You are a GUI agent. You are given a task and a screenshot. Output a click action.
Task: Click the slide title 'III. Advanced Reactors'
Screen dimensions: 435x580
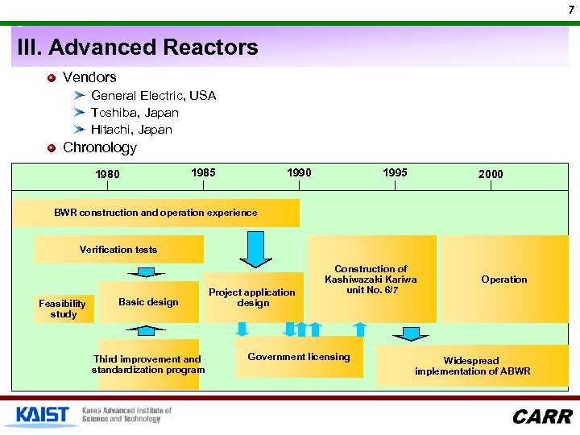tap(138, 48)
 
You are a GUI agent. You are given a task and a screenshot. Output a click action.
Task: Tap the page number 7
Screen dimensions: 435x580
tap(570, 9)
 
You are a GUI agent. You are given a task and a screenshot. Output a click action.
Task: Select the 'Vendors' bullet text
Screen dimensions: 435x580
tap(89, 77)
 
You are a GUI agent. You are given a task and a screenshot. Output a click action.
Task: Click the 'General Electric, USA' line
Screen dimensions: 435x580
tap(153, 96)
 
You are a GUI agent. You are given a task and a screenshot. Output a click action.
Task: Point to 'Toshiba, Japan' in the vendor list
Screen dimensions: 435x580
tap(135, 113)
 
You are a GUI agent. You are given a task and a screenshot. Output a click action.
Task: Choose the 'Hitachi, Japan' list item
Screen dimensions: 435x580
tap(131, 130)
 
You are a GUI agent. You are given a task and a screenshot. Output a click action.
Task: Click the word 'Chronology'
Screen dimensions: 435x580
tap(100, 148)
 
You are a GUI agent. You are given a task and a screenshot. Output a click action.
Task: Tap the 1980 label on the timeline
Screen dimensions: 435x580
tap(107, 174)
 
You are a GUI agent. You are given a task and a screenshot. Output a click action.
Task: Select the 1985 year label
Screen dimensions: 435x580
tap(203, 172)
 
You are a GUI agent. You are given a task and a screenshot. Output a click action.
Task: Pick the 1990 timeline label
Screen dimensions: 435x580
tap(299, 172)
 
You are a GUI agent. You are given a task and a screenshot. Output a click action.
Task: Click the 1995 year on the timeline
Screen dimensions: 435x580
tap(395, 172)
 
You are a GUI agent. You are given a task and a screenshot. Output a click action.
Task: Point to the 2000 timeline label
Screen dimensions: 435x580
tap(491, 174)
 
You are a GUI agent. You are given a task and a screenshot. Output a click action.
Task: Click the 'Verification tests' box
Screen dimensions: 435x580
tap(118, 250)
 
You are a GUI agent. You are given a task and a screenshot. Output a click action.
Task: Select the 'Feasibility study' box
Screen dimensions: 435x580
tap(63, 309)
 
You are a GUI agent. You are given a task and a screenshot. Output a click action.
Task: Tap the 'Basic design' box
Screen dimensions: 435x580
tap(148, 302)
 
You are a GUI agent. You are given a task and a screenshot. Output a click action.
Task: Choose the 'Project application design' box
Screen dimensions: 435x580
tap(253, 298)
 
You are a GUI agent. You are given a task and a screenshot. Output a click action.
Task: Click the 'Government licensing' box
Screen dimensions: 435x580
tap(299, 357)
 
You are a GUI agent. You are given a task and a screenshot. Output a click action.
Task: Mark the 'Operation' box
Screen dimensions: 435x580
tap(504, 280)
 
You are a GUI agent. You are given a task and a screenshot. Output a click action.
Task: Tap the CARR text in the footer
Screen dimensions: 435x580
tap(541, 416)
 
